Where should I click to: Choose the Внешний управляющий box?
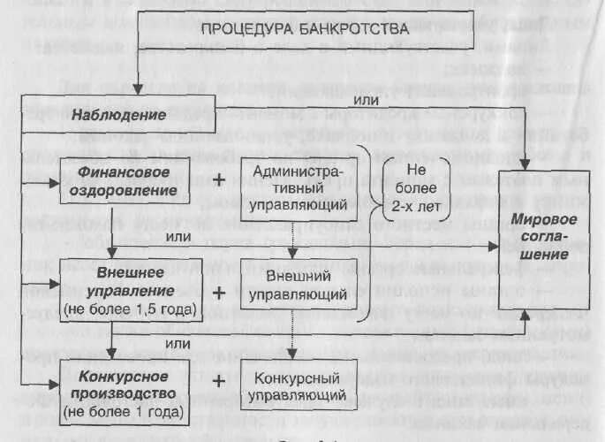click(298, 284)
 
